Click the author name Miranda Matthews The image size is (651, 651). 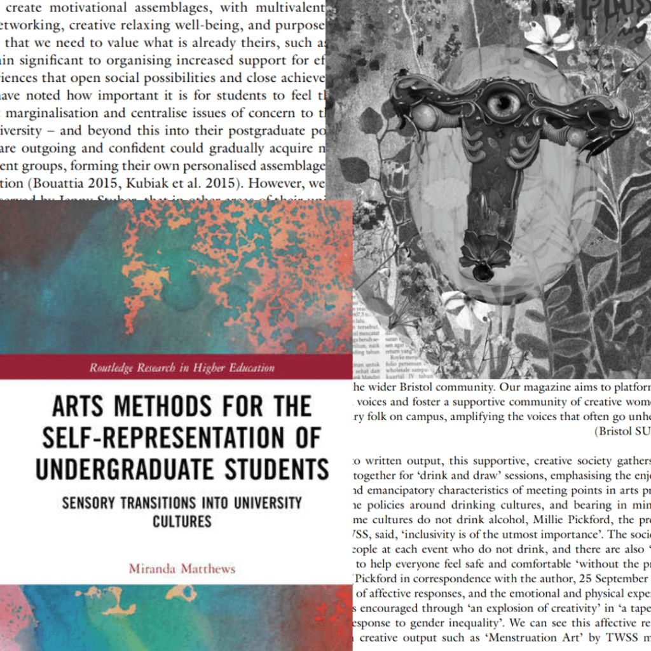(x=182, y=568)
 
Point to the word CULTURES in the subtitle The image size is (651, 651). (x=181, y=521)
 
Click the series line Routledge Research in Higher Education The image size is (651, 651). (x=181, y=367)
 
